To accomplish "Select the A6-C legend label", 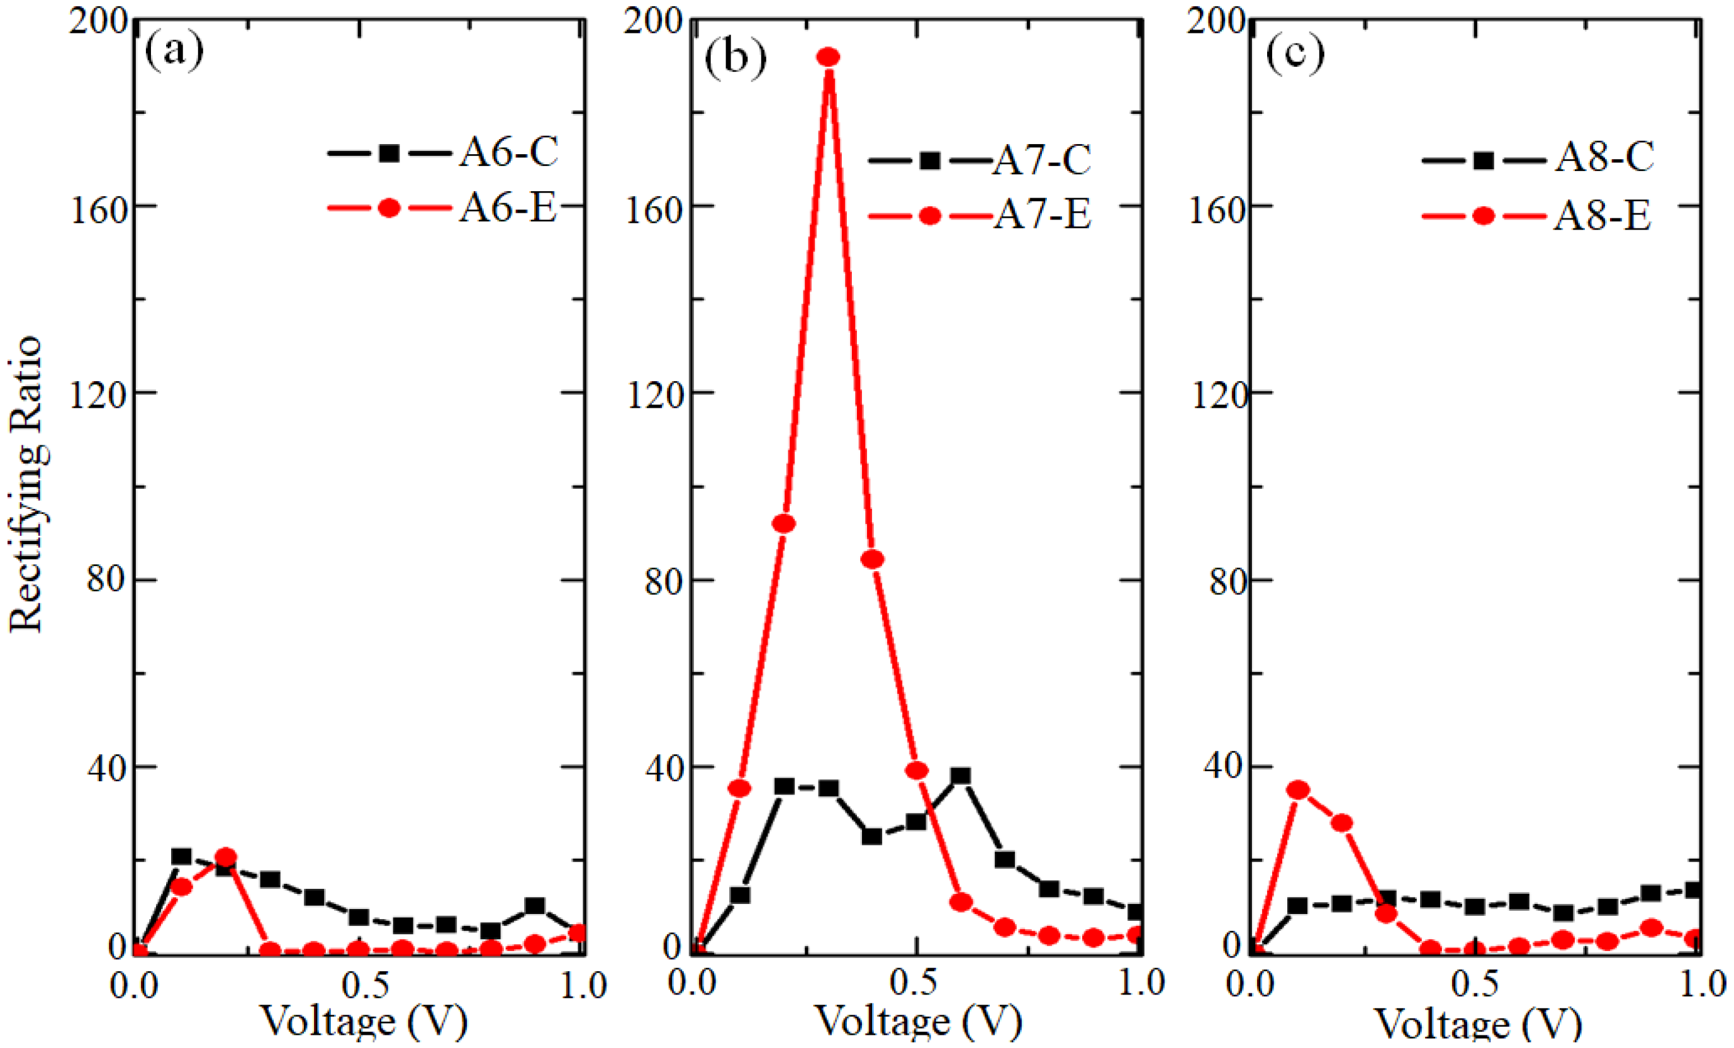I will pyautogui.click(x=509, y=152).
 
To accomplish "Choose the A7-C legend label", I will pyautogui.click(x=1041, y=159).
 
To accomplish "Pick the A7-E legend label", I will pyautogui.click(x=1041, y=214).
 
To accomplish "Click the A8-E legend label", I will pyautogui.click(x=1602, y=215).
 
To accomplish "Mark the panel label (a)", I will pyautogui.click(x=174, y=51).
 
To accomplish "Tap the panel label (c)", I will pyautogui.click(x=1295, y=53).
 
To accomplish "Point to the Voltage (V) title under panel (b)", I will pyautogui.click(x=919, y=1022).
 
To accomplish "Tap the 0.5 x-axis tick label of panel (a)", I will pyautogui.click(x=366, y=985).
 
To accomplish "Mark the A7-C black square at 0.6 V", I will pyautogui.click(x=961, y=776).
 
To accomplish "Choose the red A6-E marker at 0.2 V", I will pyautogui.click(x=225, y=857).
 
